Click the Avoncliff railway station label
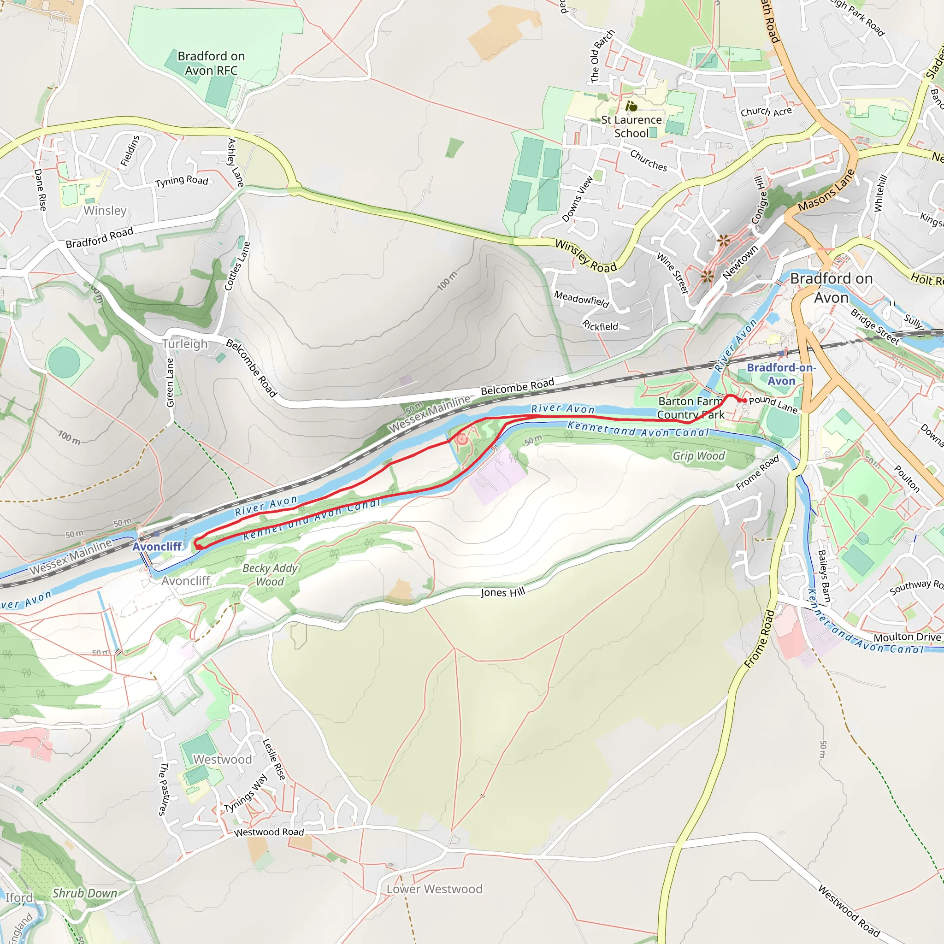pyautogui.click(x=157, y=546)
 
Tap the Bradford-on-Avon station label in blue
pyautogui.click(x=781, y=374)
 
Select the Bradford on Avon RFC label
pyautogui.click(x=211, y=64)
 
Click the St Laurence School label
pyautogui.click(x=631, y=127)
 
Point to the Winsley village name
pyautogui.click(x=105, y=211)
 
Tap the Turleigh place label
pyautogui.click(x=185, y=344)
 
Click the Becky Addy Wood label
pyautogui.click(x=270, y=575)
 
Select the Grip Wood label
pyautogui.click(x=698, y=456)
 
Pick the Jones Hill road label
pyautogui.click(x=503, y=592)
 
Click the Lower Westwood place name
pyautogui.click(x=434, y=889)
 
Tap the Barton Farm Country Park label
pyautogui.click(x=690, y=408)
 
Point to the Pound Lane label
pyautogui.click(x=773, y=404)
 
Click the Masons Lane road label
pyautogui.click(x=826, y=190)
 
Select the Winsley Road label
pyautogui.click(x=586, y=256)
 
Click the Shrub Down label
pyautogui.click(x=84, y=893)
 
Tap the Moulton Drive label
pyautogui.click(x=907, y=637)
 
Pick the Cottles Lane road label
pyautogui.click(x=237, y=266)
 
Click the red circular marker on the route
pyautogui.click(x=461, y=439)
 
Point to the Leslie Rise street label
pyautogui.click(x=274, y=759)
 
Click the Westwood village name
pyautogui.click(x=222, y=759)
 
